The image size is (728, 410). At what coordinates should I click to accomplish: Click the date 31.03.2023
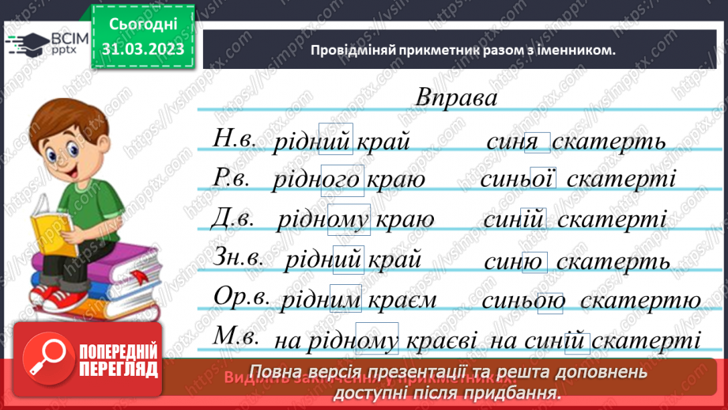click(142, 49)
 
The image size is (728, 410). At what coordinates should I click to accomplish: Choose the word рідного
click(316, 180)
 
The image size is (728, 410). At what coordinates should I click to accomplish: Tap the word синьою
click(522, 301)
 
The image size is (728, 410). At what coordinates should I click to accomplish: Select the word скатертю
click(640, 301)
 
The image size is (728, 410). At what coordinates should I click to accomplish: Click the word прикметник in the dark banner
click(412, 50)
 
